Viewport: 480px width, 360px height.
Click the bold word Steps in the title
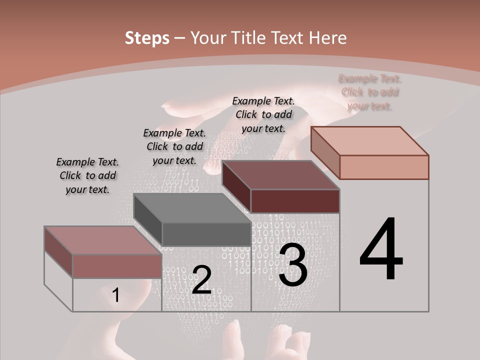(x=147, y=38)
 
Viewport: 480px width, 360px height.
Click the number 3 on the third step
(x=293, y=265)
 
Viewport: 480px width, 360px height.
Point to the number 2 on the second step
(x=201, y=280)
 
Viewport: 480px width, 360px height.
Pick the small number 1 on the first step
(x=115, y=295)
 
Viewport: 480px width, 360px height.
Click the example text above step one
(x=87, y=175)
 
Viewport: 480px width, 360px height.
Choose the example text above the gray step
(x=174, y=146)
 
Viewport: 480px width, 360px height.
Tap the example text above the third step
(x=263, y=114)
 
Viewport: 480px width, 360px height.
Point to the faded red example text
(x=370, y=92)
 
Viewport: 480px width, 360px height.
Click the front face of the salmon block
(x=384, y=167)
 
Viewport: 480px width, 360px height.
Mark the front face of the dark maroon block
(x=295, y=201)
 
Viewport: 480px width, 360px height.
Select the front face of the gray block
(x=206, y=234)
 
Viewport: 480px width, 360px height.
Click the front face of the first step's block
(x=117, y=266)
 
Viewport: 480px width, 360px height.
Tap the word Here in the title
(x=328, y=38)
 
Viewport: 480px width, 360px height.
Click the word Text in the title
(x=288, y=38)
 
